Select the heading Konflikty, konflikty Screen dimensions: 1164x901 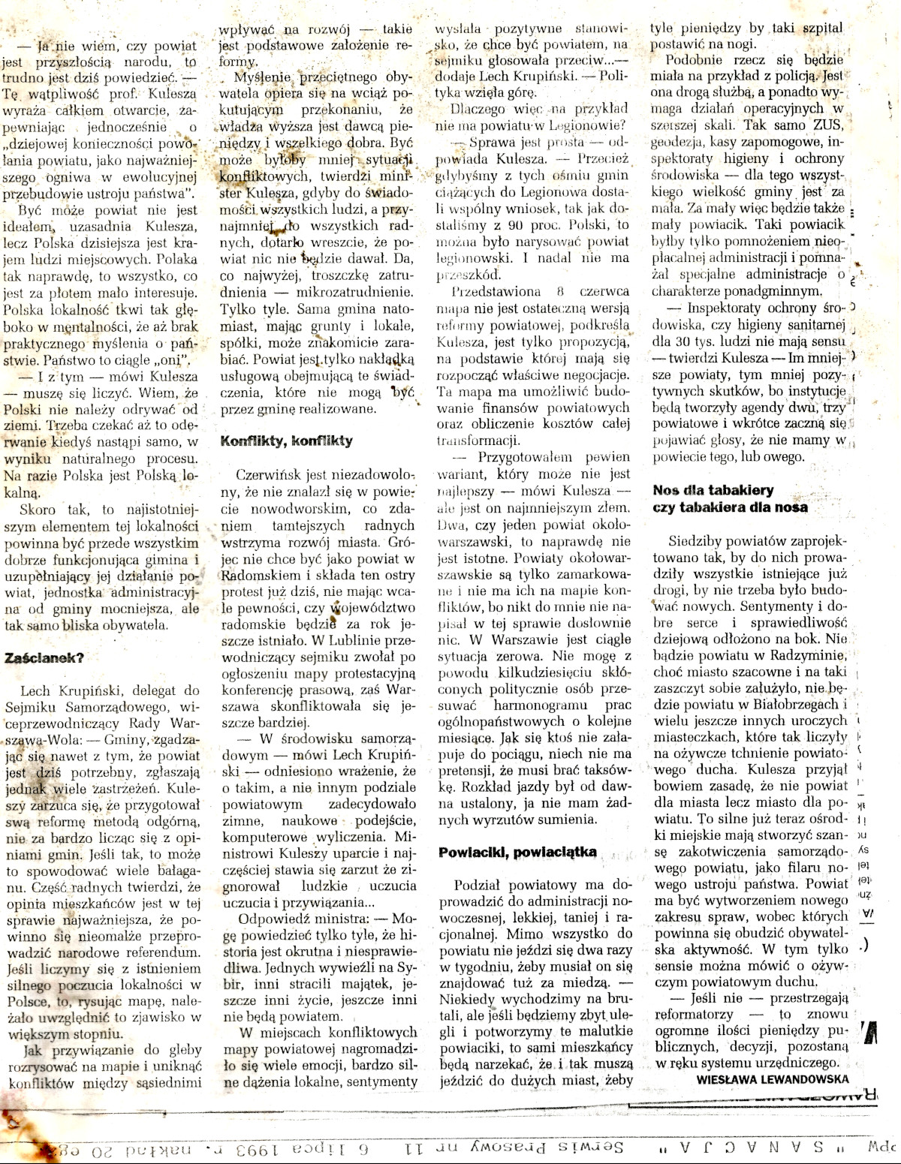[286, 441]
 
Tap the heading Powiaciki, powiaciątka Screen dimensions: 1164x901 [517, 852]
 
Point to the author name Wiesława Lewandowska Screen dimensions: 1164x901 [773, 1079]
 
